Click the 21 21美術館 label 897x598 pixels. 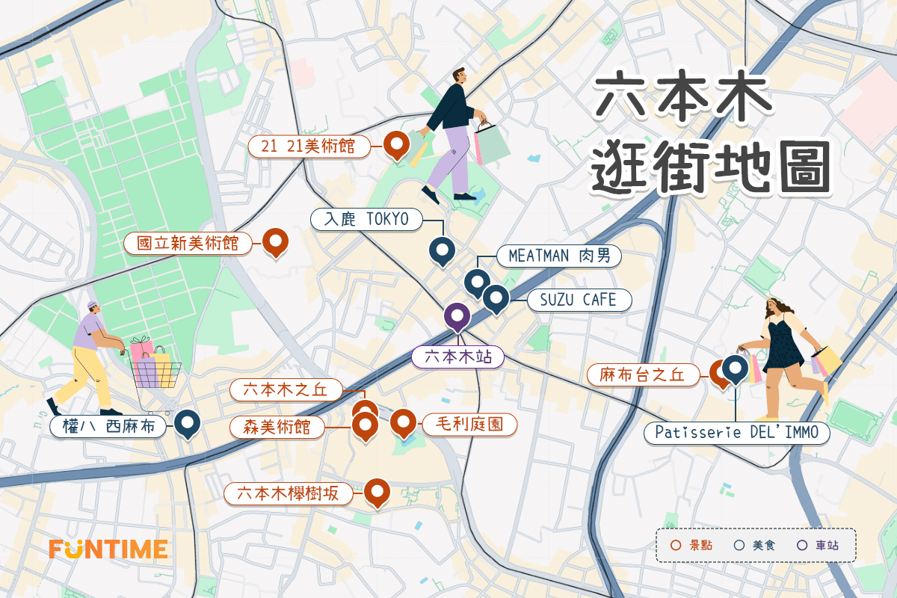click(309, 147)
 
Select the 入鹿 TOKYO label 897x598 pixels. click(367, 219)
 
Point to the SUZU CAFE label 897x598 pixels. click(579, 300)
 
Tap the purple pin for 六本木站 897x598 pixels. click(457, 317)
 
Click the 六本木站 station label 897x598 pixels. click(458, 357)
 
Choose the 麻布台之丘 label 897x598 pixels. click(642, 374)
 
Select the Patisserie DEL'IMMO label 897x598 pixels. click(736, 432)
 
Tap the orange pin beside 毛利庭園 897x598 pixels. click(403, 422)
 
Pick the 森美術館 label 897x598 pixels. click(277, 427)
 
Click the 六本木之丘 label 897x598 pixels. click(285, 389)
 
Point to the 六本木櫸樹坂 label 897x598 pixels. click(288, 493)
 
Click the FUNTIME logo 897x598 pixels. click(108, 549)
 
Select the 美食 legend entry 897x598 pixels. click(756, 545)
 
